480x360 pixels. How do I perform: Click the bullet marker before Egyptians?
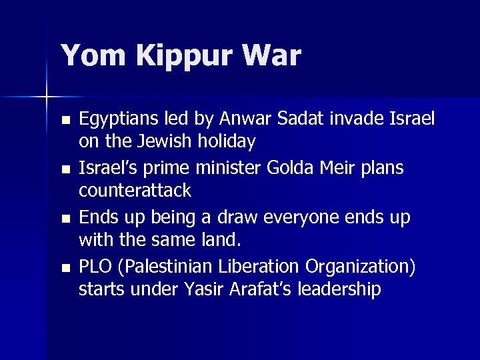tap(65, 121)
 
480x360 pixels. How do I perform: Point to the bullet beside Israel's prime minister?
tap(65, 170)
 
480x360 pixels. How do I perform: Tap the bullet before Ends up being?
tap(65, 219)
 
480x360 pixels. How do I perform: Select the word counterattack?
tap(135, 191)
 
